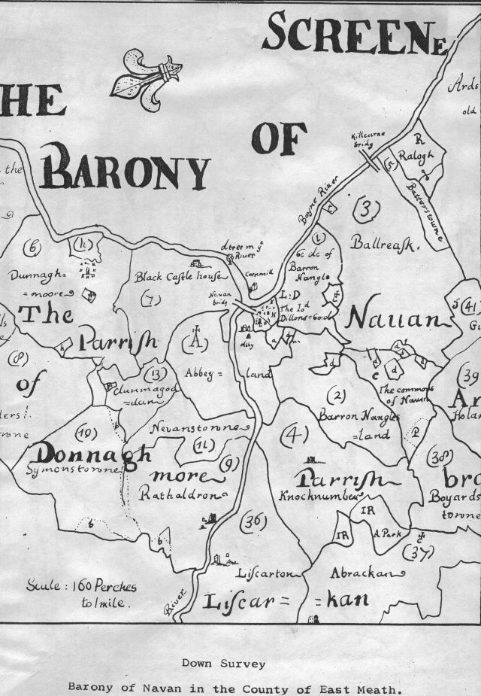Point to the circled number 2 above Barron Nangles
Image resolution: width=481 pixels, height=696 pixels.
coord(339,395)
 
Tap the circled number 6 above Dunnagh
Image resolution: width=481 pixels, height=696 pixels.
coord(34,247)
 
